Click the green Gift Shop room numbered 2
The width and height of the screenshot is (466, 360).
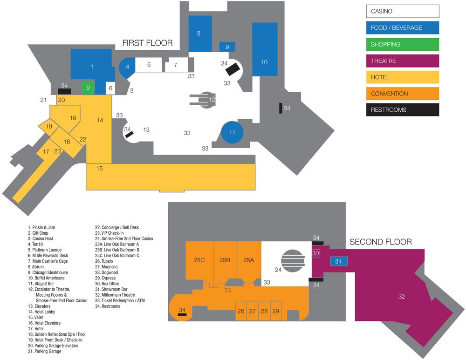pyautogui.click(x=88, y=88)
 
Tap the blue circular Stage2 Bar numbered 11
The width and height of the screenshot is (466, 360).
pyautogui.click(x=232, y=132)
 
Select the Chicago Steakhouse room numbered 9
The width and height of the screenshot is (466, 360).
pyautogui.click(x=227, y=47)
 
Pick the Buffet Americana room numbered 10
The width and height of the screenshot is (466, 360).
pyautogui.click(x=265, y=49)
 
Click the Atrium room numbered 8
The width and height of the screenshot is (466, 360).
pyautogui.click(x=200, y=34)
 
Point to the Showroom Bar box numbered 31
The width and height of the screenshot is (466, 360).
pyautogui.click(x=339, y=261)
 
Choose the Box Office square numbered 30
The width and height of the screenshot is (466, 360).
pyautogui.click(x=315, y=253)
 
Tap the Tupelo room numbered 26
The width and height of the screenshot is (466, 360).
pyautogui.click(x=241, y=311)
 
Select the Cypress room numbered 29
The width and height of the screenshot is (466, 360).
pyautogui.click(x=276, y=311)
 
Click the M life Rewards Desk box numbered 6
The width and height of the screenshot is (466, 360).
pyautogui.click(x=110, y=88)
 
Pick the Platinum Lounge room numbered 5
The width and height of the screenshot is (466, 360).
pyautogui.click(x=149, y=65)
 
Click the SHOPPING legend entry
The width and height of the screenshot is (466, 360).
pyautogui.click(x=403, y=44)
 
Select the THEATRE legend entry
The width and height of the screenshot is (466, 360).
pyautogui.click(x=403, y=61)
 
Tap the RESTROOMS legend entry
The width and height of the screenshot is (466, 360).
pyautogui.click(x=403, y=109)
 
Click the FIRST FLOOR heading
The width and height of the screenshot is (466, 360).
pyautogui.click(x=147, y=43)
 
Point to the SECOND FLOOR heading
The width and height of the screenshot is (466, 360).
pyautogui.click(x=380, y=242)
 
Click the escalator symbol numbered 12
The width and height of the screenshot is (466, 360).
pyautogui.click(x=203, y=100)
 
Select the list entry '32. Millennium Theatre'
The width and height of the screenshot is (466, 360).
pyautogui.click(x=115, y=295)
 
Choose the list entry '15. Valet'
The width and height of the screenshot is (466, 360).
pyautogui.click(x=35, y=317)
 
